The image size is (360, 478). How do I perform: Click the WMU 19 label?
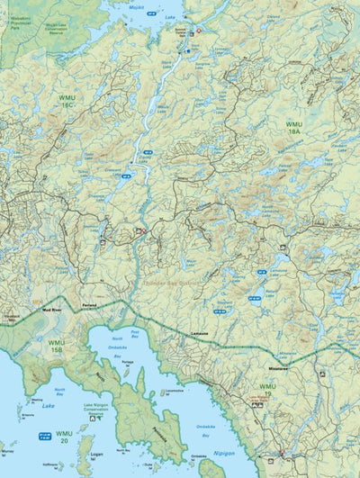(267, 389)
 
